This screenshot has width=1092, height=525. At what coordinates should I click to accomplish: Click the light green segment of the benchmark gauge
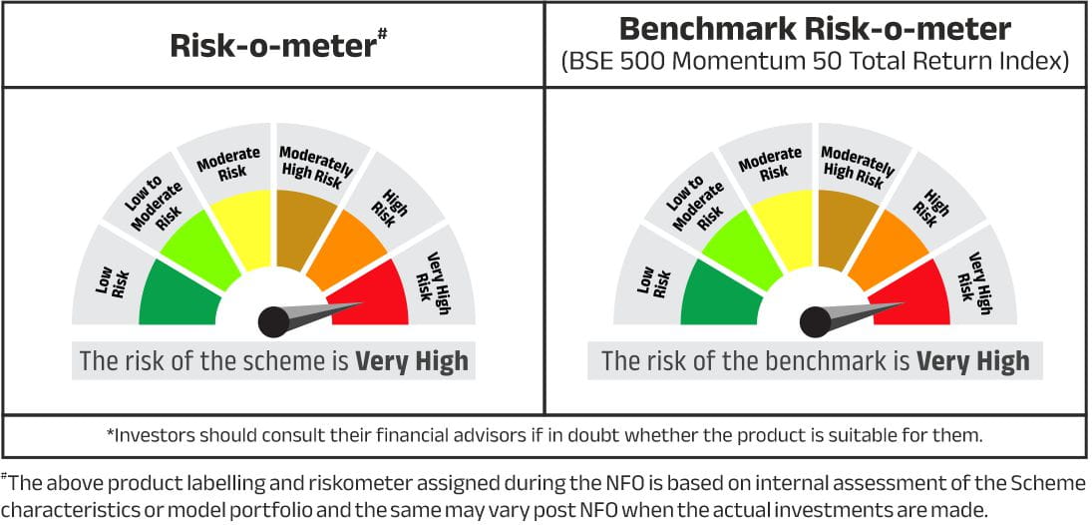tap(740, 250)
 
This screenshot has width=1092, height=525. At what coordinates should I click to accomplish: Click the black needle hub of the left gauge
tap(273, 322)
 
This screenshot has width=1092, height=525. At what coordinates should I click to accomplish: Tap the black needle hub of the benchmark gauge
tap(815, 322)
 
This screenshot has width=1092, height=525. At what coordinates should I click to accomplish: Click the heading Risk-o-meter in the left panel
tap(273, 46)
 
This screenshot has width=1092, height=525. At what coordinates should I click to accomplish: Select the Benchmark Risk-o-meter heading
tap(815, 29)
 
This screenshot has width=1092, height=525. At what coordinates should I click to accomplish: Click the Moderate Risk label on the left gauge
tap(227, 163)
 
